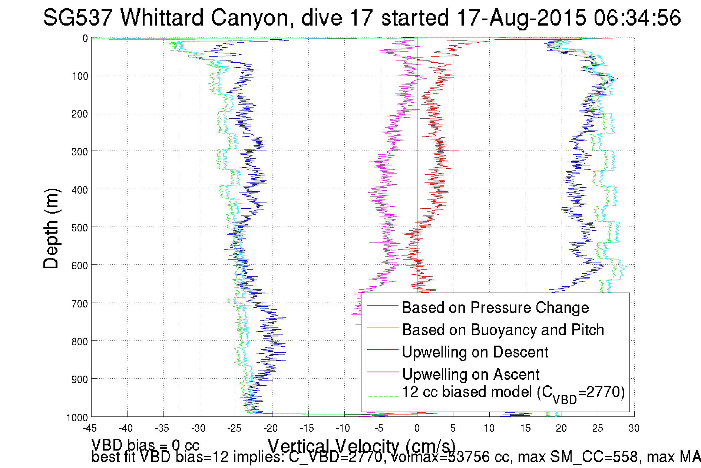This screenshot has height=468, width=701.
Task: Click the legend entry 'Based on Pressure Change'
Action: point(495,308)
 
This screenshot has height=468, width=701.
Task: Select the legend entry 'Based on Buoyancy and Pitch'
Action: point(503,330)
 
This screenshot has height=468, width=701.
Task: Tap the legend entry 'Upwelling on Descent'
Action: point(475,352)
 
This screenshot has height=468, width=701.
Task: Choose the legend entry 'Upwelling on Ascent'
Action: point(471,375)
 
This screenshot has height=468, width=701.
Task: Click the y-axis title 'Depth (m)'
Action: point(51,229)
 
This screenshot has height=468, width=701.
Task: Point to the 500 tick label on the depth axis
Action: point(80,228)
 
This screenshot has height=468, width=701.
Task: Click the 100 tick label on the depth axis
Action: point(80,76)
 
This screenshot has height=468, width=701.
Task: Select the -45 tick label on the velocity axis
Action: point(90,428)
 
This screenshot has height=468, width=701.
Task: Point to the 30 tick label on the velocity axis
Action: point(634,428)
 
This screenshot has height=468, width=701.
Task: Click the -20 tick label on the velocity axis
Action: point(271,428)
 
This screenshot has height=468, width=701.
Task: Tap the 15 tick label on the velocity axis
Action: point(525,428)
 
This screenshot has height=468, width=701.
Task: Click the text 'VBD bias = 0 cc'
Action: point(145,445)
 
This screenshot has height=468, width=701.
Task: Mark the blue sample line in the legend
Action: point(382,306)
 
